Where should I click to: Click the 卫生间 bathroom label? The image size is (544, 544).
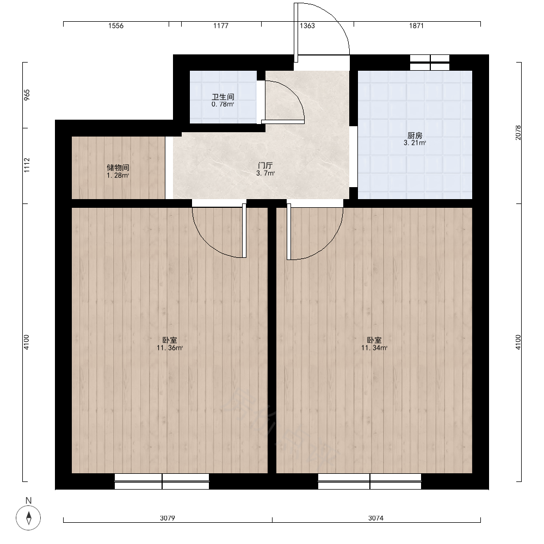[x=222, y=97]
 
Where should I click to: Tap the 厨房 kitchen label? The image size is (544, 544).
[x=415, y=135]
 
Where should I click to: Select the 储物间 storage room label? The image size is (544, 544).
[x=118, y=168]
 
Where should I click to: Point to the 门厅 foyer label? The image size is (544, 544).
[x=265, y=165]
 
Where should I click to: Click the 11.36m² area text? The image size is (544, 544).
[x=170, y=348]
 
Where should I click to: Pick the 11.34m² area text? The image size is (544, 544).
[x=374, y=348]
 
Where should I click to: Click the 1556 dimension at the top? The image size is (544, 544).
[x=116, y=26]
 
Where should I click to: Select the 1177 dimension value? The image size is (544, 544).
[x=221, y=26]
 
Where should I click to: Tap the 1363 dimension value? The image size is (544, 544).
[x=307, y=26]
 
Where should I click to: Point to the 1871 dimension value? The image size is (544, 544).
[x=416, y=26]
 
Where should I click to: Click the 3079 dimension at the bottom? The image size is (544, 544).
[x=167, y=518]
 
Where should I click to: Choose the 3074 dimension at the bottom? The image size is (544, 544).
[x=376, y=518]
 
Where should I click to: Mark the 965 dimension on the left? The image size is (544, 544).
[x=27, y=95]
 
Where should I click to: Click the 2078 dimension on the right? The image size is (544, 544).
[x=518, y=133]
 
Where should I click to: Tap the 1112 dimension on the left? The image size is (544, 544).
[x=27, y=165]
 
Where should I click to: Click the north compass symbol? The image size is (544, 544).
[x=28, y=518]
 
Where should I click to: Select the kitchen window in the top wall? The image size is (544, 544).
[x=430, y=63]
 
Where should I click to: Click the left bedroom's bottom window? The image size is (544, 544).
[x=162, y=481]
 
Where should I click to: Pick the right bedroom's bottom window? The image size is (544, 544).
[x=370, y=481]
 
